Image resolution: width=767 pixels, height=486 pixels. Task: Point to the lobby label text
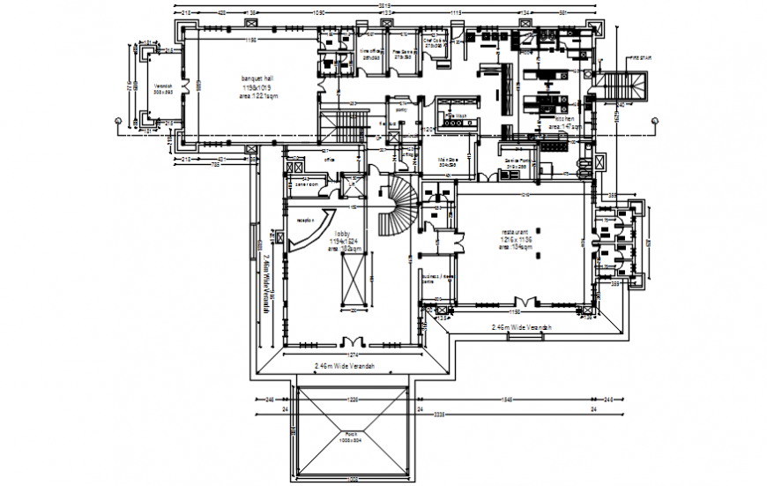pos(342,234)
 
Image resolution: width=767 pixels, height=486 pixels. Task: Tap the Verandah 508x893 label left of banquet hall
pos(162,92)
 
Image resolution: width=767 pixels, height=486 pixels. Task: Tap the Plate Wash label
pos(454,116)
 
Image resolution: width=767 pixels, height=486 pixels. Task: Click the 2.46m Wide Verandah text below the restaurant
pos(520,327)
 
